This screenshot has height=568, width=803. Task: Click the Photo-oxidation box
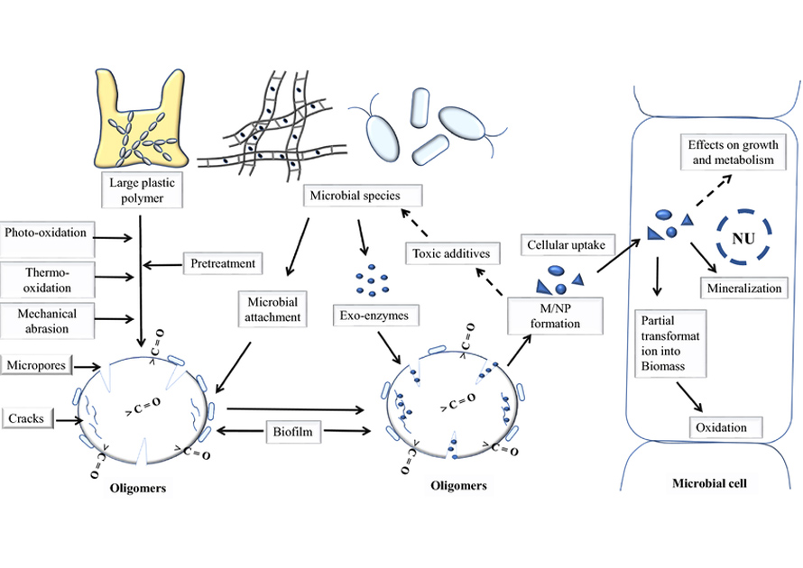(46, 233)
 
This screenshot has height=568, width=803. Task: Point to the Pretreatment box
(223, 264)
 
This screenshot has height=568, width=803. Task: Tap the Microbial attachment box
(272, 307)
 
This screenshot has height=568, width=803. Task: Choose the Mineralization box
(744, 289)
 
